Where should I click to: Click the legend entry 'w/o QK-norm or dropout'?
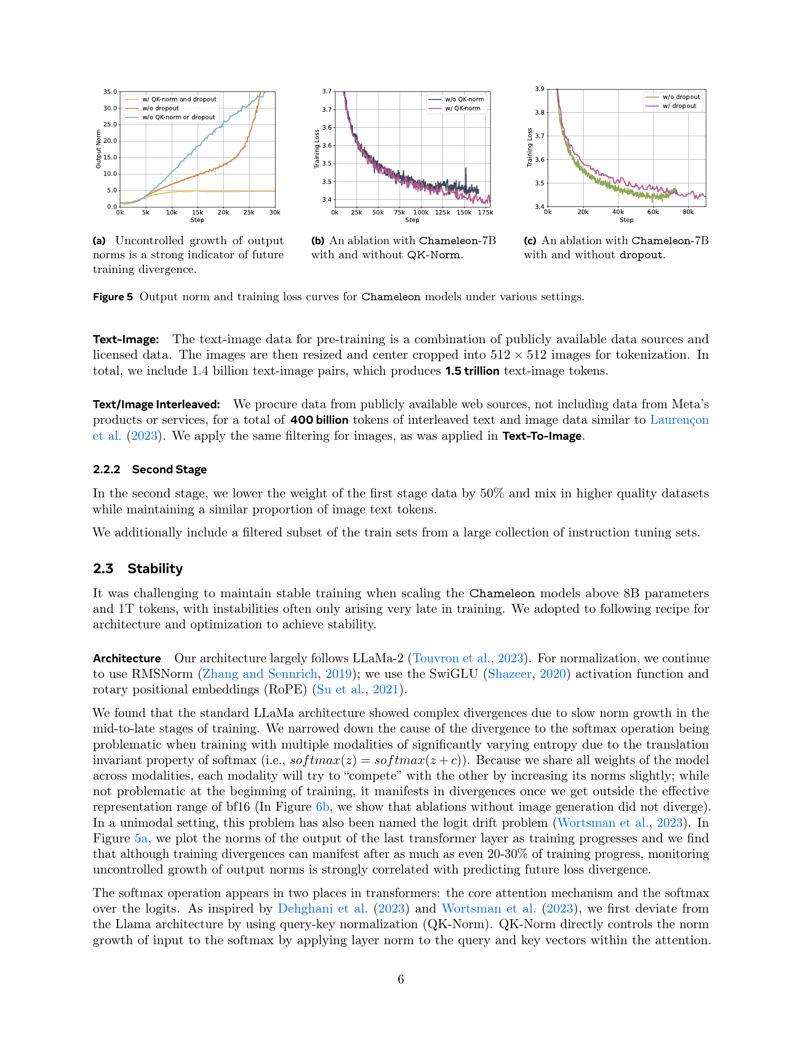point(179,117)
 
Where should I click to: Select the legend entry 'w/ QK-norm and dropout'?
point(179,99)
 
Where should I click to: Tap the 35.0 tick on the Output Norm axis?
point(110,91)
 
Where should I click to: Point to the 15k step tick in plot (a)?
point(197,213)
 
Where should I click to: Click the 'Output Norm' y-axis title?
point(98,149)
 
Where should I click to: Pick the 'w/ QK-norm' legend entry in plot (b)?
point(462,108)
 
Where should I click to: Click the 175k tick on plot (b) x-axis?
point(485,213)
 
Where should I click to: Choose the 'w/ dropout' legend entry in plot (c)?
point(679,106)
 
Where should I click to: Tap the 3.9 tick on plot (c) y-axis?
point(540,89)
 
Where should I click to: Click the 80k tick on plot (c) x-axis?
point(688,212)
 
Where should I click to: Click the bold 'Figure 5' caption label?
point(113,297)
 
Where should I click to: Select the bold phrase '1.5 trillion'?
point(472,371)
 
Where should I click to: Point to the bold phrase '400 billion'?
point(319,420)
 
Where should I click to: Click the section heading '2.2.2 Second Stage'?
point(150,469)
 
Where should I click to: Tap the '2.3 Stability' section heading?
point(138,568)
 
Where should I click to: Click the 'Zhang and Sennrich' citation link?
point(260,674)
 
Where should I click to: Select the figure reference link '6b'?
point(323,807)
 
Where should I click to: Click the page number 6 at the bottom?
point(401,979)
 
